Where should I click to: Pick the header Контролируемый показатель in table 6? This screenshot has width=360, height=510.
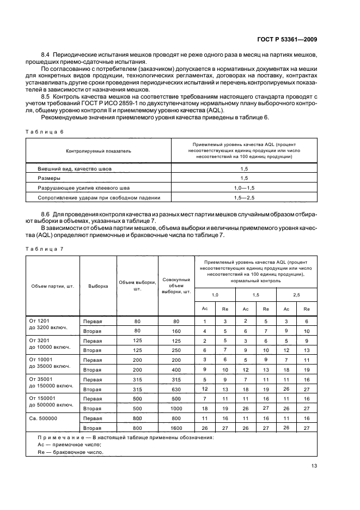(99, 151)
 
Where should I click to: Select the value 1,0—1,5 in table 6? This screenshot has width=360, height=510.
(245, 187)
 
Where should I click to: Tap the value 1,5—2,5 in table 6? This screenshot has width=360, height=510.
(245, 197)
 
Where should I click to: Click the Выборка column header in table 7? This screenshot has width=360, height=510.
(98, 286)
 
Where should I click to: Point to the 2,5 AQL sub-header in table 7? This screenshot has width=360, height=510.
(297, 295)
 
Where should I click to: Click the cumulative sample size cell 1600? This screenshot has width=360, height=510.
(176, 428)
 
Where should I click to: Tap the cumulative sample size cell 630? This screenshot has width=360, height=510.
(176, 389)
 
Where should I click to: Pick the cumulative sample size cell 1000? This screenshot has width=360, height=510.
(176, 408)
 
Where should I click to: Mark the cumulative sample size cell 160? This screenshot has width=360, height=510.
(176, 331)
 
